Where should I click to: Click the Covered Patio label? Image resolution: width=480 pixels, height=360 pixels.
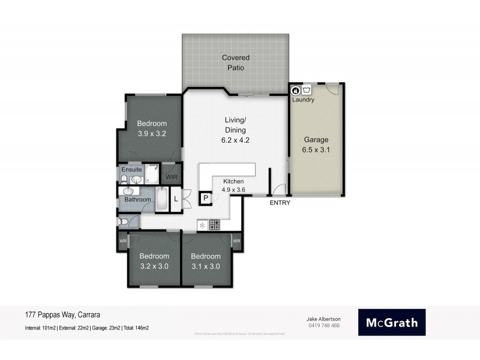pyautogui.click(x=235, y=62)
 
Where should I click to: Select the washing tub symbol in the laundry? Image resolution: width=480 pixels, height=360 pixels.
pyautogui.click(x=307, y=90)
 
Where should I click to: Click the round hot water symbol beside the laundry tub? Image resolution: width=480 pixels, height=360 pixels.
pyautogui.click(x=295, y=90)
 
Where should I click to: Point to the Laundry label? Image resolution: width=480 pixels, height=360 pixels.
pyautogui.click(x=303, y=100)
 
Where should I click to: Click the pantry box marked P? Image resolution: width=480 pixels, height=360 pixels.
pyautogui.click(x=205, y=198)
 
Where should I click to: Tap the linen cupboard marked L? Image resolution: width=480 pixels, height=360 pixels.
pyautogui.click(x=176, y=199)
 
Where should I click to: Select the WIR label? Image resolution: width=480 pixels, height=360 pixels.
pyautogui.click(x=171, y=177)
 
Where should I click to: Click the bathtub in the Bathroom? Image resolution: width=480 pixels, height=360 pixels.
pyautogui.click(x=161, y=199)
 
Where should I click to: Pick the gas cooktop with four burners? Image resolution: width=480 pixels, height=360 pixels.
pyautogui.click(x=214, y=225)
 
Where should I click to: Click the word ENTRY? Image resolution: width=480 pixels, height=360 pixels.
pyautogui.click(x=280, y=203)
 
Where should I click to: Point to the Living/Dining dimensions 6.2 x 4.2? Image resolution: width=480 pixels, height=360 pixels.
pyautogui.click(x=235, y=140)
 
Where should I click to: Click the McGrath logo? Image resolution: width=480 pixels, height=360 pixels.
pyautogui.click(x=392, y=322)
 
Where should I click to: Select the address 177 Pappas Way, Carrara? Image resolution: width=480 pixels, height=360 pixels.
pyautogui.click(x=62, y=314)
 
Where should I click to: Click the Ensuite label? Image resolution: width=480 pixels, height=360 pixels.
pyautogui.click(x=131, y=169)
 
